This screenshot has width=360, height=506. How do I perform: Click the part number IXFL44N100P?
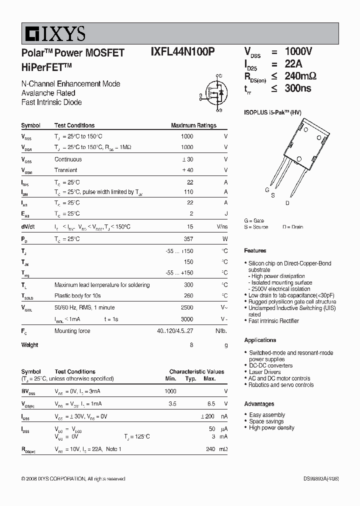point(183,53)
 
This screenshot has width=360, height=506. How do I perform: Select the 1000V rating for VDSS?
point(298,52)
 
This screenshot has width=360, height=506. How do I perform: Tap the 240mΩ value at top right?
point(300,76)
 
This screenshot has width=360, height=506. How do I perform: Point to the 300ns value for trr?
point(297,88)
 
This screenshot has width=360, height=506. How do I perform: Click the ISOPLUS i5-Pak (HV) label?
point(272,113)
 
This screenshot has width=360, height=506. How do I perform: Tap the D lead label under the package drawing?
point(287,203)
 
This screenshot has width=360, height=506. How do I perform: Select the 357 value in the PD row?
point(188,239)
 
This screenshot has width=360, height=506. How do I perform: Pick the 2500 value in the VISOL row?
point(186,307)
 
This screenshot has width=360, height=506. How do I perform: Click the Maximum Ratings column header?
point(193,125)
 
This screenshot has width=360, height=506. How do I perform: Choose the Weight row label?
point(29,345)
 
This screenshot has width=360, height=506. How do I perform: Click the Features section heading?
point(255,250)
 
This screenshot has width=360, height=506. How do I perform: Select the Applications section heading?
point(260,340)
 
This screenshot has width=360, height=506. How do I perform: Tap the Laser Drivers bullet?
point(265,372)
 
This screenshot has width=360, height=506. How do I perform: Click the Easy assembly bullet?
point(267,415)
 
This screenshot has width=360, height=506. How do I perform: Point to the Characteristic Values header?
point(196,372)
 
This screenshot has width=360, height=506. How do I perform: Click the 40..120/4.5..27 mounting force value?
point(174,330)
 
